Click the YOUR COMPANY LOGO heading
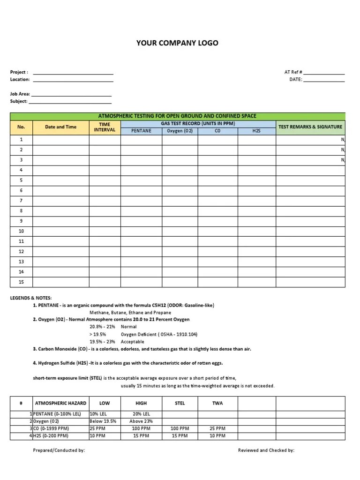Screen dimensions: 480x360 pyautogui.click(x=177, y=43)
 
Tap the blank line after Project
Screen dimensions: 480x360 pyautogui.click(x=73, y=73)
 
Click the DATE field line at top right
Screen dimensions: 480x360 pyautogui.click(x=324, y=80)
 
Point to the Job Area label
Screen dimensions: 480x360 pyautogui.click(x=20, y=94)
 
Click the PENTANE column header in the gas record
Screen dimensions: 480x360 pyautogui.click(x=141, y=131)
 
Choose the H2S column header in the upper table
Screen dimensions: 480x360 pyautogui.click(x=256, y=131)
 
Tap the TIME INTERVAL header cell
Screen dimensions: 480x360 pyautogui.click(x=105, y=127)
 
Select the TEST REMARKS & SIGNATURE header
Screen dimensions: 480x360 pyautogui.click(x=310, y=127)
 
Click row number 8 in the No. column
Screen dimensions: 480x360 pyautogui.click(x=21, y=211)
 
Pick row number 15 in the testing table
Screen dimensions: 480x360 pyautogui.click(x=21, y=282)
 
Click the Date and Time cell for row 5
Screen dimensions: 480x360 pyautogui.click(x=60, y=180)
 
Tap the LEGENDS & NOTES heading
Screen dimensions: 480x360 pyautogui.click(x=31, y=298)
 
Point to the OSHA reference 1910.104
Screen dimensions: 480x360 pyautogui.click(x=184, y=334)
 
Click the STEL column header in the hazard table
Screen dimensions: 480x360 pyautogui.click(x=180, y=403)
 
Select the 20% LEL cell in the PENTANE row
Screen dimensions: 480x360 pyautogui.click(x=141, y=414)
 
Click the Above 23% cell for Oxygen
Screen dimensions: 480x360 pyautogui.click(x=141, y=421)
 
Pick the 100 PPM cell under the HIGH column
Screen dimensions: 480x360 pyautogui.click(x=141, y=428)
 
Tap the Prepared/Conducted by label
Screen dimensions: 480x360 pyautogui.click(x=59, y=450)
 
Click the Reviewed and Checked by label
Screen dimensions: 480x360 pyautogui.click(x=266, y=450)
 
